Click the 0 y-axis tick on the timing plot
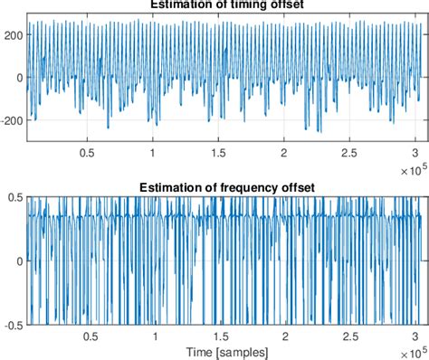pos(18,78)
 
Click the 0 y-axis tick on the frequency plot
pos(18,261)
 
